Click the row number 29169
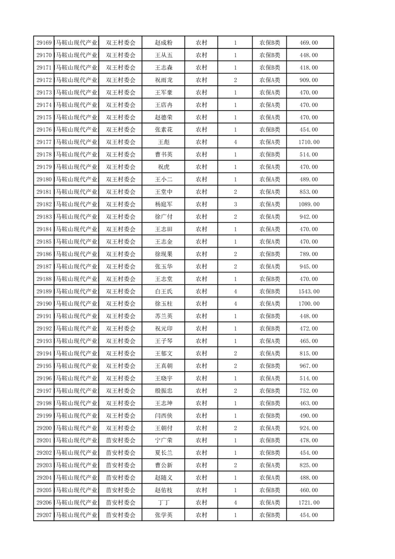44,43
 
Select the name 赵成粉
163,43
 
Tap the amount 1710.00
309,142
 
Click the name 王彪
163,142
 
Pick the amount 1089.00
309,204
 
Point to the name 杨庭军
163,204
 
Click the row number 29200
44,428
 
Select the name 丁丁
163,503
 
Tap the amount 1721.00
309,503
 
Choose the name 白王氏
163,291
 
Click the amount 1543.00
309,291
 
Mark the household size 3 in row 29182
235,204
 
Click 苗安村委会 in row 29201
121,440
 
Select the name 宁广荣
163,440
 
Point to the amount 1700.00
309,304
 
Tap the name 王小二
163,179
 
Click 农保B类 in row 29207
269,515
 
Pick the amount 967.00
309,366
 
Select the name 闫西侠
163,416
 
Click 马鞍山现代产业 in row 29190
77,304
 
